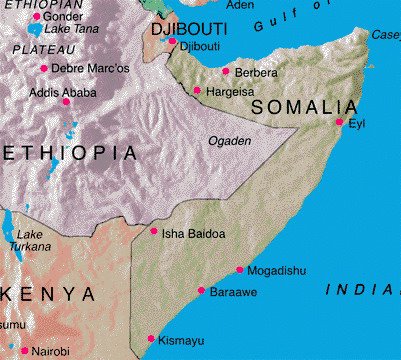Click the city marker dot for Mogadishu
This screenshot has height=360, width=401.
tap(239, 270)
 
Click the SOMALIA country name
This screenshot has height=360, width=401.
tap(304, 107)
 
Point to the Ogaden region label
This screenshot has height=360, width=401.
tap(229, 141)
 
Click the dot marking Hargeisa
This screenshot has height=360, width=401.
tap(198, 91)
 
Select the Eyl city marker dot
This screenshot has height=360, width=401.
tap(339, 122)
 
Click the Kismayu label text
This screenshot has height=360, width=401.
tap(181, 341)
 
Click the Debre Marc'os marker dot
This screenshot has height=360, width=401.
tap(43, 68)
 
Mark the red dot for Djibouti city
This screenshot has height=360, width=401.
tap(172, 42)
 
